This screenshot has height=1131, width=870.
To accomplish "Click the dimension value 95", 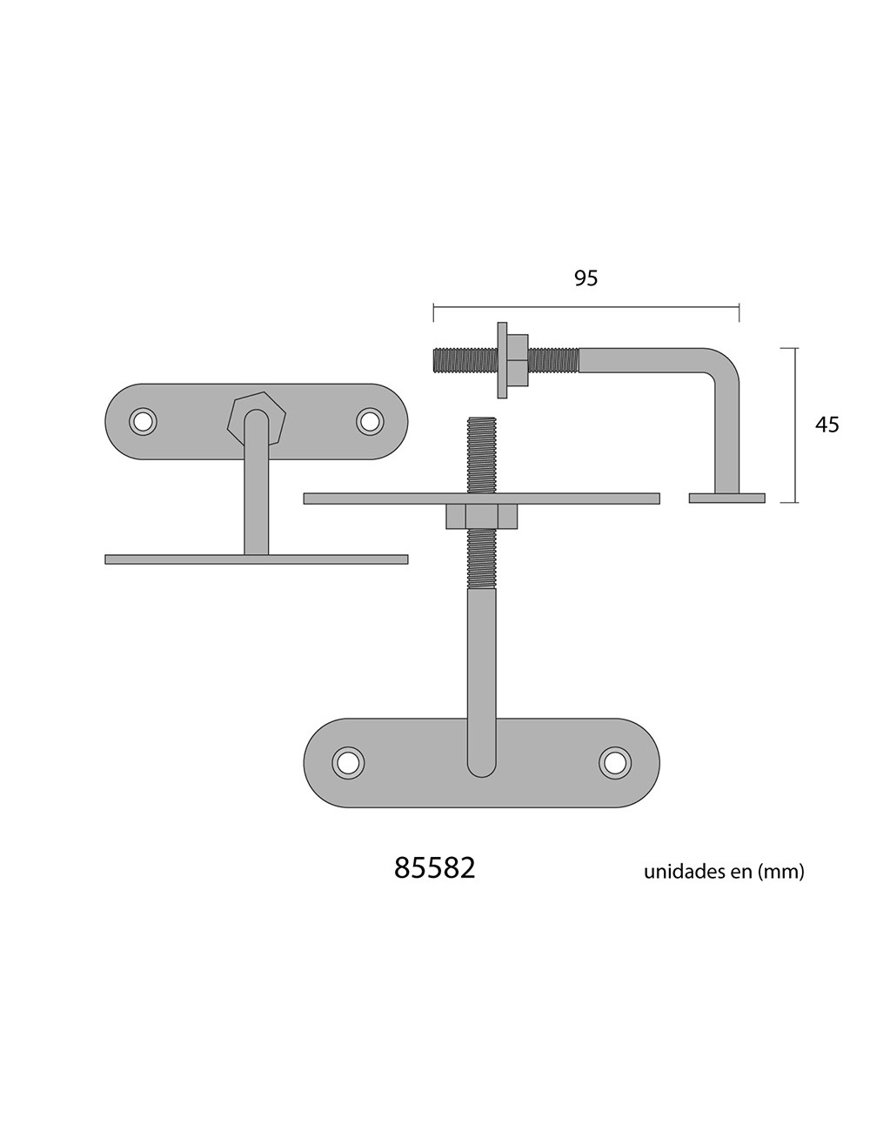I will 586,278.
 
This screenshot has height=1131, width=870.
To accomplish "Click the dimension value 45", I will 826,425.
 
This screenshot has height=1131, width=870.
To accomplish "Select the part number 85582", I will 435,868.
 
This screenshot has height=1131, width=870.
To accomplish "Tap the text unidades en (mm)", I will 724,871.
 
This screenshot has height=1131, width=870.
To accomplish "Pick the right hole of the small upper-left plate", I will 370,421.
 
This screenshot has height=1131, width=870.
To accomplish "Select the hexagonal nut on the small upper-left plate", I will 251,418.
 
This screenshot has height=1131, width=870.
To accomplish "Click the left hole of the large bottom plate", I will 348,761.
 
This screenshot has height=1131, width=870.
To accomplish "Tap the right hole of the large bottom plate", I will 614,761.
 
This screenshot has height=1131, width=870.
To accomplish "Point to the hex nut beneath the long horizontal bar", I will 481,517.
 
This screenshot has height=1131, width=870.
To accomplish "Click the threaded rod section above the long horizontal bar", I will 481,454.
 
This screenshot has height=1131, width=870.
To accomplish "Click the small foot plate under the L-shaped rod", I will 726,499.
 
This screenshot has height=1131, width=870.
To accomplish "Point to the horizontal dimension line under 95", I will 586,306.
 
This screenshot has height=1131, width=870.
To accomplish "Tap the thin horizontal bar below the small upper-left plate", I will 256,559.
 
